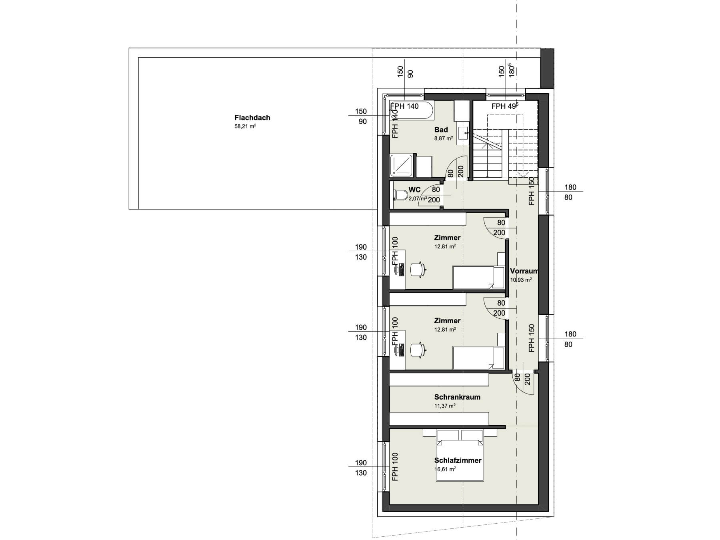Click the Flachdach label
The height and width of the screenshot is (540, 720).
(252, 118)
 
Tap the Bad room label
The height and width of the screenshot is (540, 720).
(441, 130)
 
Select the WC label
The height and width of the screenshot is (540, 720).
(414, 190)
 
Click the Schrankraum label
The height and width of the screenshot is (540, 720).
(457, 397)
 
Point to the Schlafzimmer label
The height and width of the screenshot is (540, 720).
(458, 460)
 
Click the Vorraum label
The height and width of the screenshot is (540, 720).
(524, 271)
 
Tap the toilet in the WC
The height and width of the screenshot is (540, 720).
(400, 195)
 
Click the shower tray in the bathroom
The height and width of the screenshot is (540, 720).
(402, 166)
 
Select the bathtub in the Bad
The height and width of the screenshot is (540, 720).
(412, 111)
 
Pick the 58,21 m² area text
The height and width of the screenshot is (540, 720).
(245, 126)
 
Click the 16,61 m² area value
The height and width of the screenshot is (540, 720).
(445, 469)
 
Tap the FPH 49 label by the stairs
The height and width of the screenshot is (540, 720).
(505, 106)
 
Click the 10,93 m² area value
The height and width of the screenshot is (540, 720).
(521, 280)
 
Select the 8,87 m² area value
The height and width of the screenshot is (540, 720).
(444, 138)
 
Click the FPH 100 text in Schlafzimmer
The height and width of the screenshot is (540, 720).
(395, 466)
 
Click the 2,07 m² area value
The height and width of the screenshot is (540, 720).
(418, 198)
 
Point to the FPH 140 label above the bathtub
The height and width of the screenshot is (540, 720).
(404, 106)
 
